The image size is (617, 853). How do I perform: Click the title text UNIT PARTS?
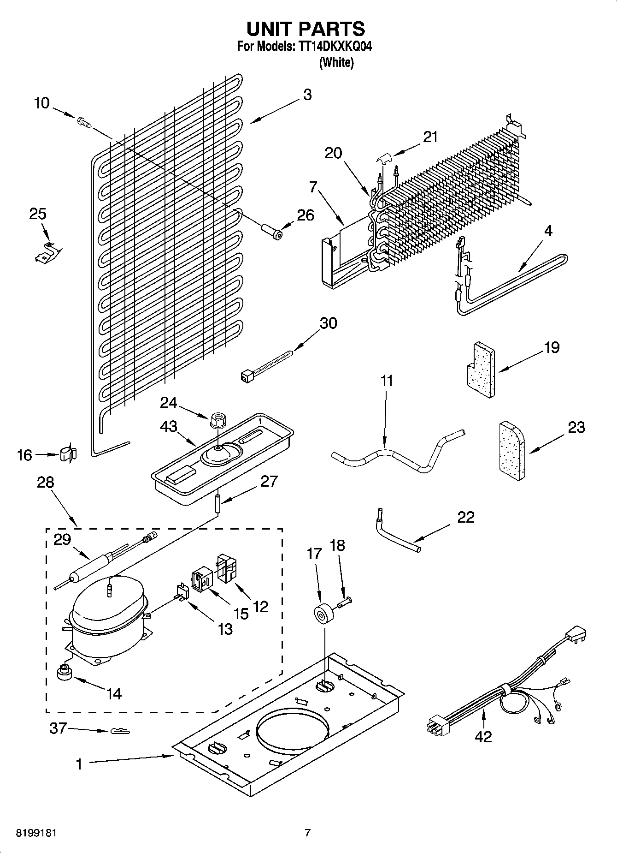coord(306,29)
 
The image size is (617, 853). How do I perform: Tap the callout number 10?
coord(41,103)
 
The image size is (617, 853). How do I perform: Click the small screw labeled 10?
coord(83,123)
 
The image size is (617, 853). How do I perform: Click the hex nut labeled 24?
coord(217,420)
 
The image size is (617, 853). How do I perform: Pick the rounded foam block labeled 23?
coord(511,451)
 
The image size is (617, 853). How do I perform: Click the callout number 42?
coord(483,737)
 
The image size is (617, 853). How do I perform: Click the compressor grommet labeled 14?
coord(65,673)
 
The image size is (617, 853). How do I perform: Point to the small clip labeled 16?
coord(68,453)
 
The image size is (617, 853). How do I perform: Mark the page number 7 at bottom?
coord(308,833)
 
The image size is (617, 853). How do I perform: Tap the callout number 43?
coord(169,426)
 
